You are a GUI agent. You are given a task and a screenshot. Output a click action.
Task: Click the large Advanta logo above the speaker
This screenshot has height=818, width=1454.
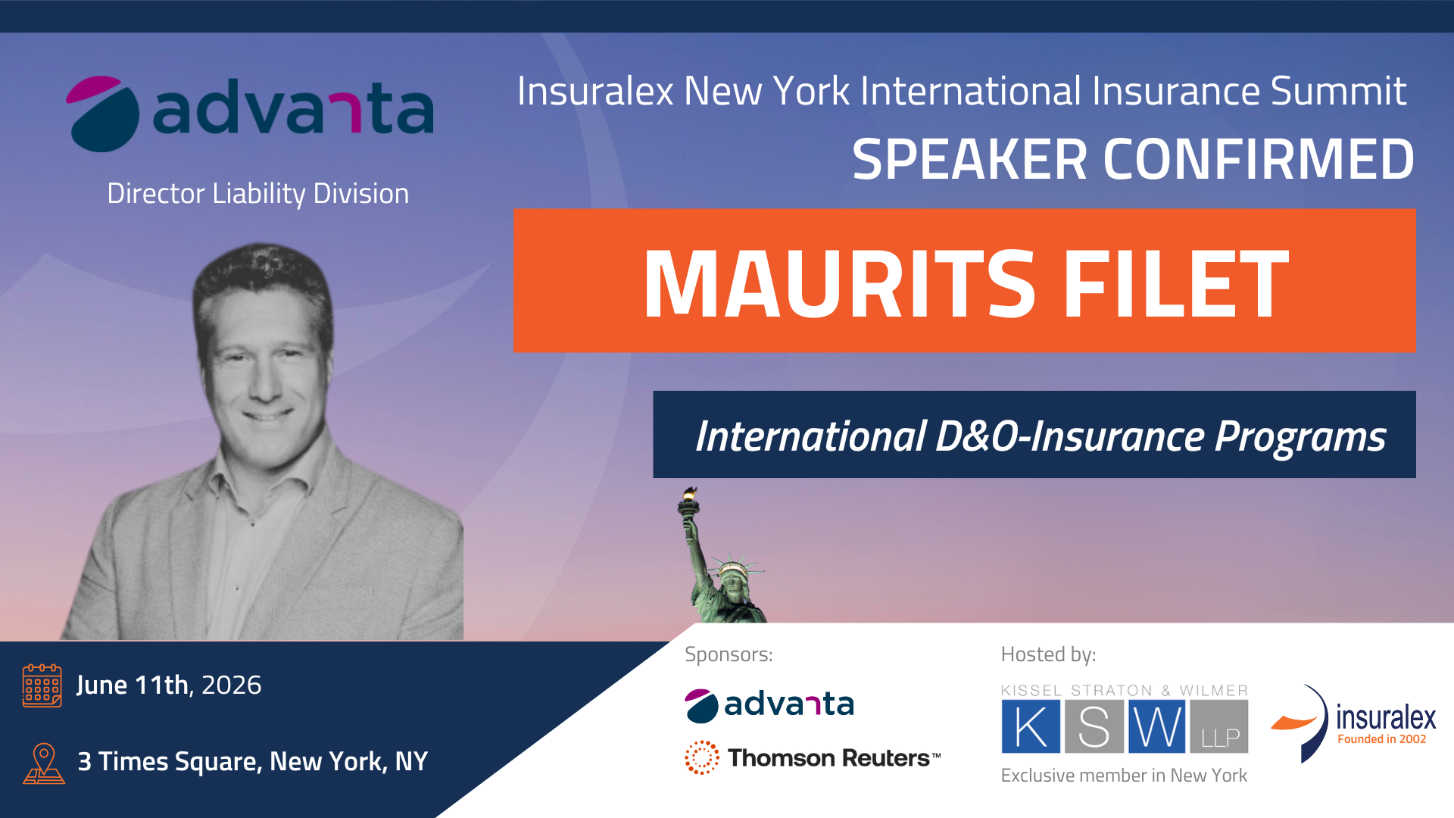pyautogui.click(x=250, y=114)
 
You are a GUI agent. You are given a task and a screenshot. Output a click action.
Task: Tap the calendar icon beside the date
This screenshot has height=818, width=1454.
pyautogui.click(x=42, y=685)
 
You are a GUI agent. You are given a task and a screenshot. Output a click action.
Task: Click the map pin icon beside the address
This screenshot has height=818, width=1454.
pyautogui.click(x=44, y=763)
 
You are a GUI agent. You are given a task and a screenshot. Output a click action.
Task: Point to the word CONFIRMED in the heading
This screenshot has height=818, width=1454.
pyautogui.click(x=1259, y=160)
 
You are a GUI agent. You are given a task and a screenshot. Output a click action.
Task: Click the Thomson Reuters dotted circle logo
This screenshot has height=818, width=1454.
pyautogui.click(x=702, y=757)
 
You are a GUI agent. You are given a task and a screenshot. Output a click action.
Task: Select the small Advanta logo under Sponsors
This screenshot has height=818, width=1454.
pyautogui.click(x=769, y=705)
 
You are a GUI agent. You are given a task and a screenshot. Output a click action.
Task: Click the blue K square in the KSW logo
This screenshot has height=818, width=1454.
pyautogui.click(x=1031, y=726)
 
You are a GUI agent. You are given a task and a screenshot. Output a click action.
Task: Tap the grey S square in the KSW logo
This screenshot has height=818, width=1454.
pyautogui.click(x=1094, y=726)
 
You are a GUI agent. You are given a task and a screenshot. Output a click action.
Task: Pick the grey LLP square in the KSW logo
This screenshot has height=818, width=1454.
pyautogui.click(x=1219, y=726)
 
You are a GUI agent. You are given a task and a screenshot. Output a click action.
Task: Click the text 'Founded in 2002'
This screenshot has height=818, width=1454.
pyautogui.click(x=1382, y=739)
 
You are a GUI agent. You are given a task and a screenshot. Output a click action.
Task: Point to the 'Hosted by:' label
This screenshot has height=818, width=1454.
pyautogui.click(x=1048, y=654)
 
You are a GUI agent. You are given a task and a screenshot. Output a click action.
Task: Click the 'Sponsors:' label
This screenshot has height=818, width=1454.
pyautogui.click(x=729, y=654)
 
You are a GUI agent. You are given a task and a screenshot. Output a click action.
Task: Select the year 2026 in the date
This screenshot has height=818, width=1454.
pyautogui.click(x=231, y=685)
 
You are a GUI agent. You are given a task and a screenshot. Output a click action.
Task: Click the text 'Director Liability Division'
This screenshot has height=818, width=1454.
pyautogui.click(x=258, y=194)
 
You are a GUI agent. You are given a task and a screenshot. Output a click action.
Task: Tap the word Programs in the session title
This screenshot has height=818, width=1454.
pyautogui.click(x=1300, y=437)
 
